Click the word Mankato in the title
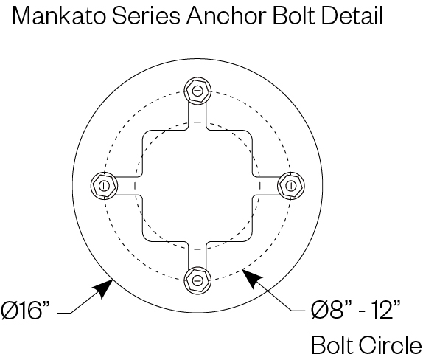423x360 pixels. (x=58, y=15)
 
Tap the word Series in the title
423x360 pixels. (x=146, y=15)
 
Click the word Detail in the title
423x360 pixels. (x=352, y=15)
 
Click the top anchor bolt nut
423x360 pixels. (x=197, y=91)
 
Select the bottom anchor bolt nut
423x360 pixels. (x=197, y=280)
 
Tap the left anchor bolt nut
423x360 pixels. (x=104, y=186)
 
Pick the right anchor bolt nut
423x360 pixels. (x=291, y=186)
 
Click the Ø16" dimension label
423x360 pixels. (x=26, y=311)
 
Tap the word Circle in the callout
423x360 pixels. (x=390, y=345)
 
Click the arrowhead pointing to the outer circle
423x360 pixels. (x=104, y=288)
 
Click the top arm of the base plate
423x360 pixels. (x=197, y=116)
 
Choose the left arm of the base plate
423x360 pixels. (x=129, y=186)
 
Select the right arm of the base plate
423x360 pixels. (x=266, y=186)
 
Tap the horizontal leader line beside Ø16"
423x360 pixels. (x=64, y=314)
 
